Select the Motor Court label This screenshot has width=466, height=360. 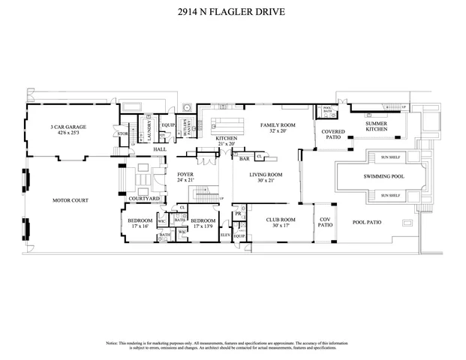coord(67,201)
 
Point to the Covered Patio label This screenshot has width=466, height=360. coord(333,135)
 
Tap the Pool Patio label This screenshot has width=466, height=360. coord(368,223)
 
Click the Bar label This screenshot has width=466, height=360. coord(244,159)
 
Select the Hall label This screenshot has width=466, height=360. coord(159,149)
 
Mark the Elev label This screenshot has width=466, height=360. coord(224,235)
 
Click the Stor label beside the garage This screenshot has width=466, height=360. coord(122,134)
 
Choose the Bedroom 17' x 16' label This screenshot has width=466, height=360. coord(140,222)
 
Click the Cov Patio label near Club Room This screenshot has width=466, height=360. coord(325,222)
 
